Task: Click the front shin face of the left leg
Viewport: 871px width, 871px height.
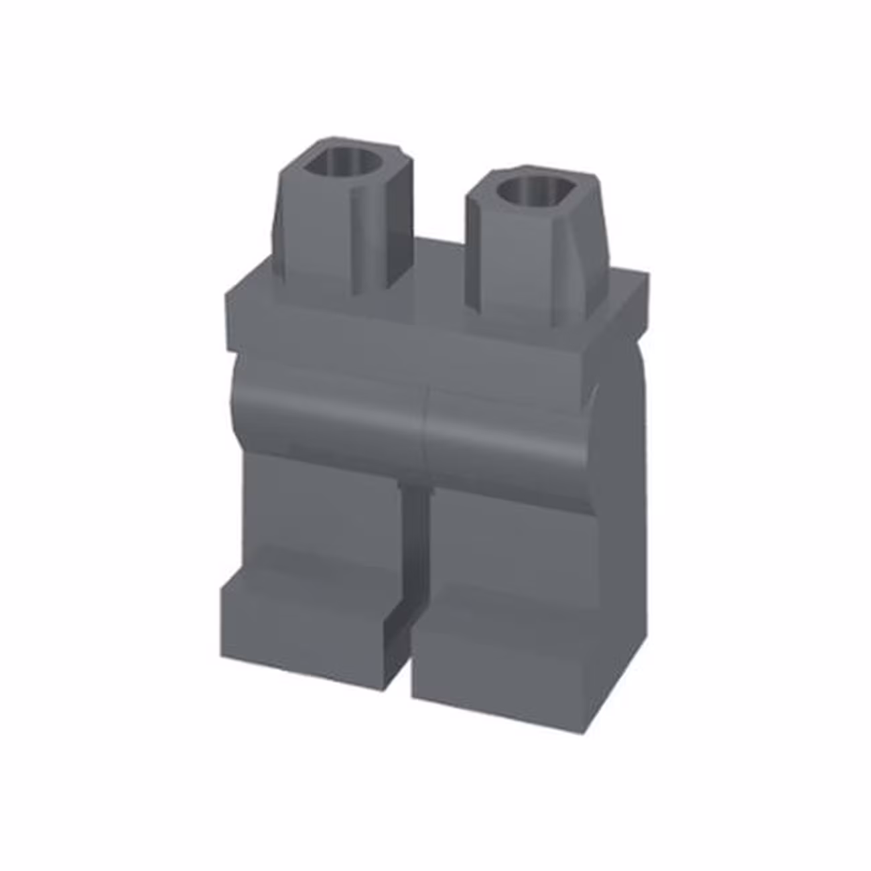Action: (x=322, y=516)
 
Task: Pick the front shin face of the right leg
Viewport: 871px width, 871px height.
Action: (x=509, y=536)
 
